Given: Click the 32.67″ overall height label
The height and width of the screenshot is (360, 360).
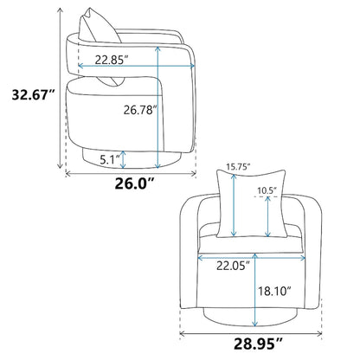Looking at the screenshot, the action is [33, 94].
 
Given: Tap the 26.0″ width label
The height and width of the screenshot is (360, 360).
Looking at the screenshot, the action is [135, 183].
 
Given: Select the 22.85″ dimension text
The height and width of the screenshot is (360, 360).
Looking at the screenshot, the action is [112, 60].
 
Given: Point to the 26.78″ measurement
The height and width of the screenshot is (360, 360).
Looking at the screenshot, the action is [140, 110].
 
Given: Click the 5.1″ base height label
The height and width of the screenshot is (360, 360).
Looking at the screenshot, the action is [110, 159].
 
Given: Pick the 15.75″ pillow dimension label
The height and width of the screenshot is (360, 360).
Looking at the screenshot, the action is [238, 167].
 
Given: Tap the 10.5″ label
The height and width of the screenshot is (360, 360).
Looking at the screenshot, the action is [267, 190].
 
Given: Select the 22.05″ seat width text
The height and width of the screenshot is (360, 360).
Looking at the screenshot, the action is [233, 266].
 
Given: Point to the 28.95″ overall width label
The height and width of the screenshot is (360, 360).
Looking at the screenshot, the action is [258, 344].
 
